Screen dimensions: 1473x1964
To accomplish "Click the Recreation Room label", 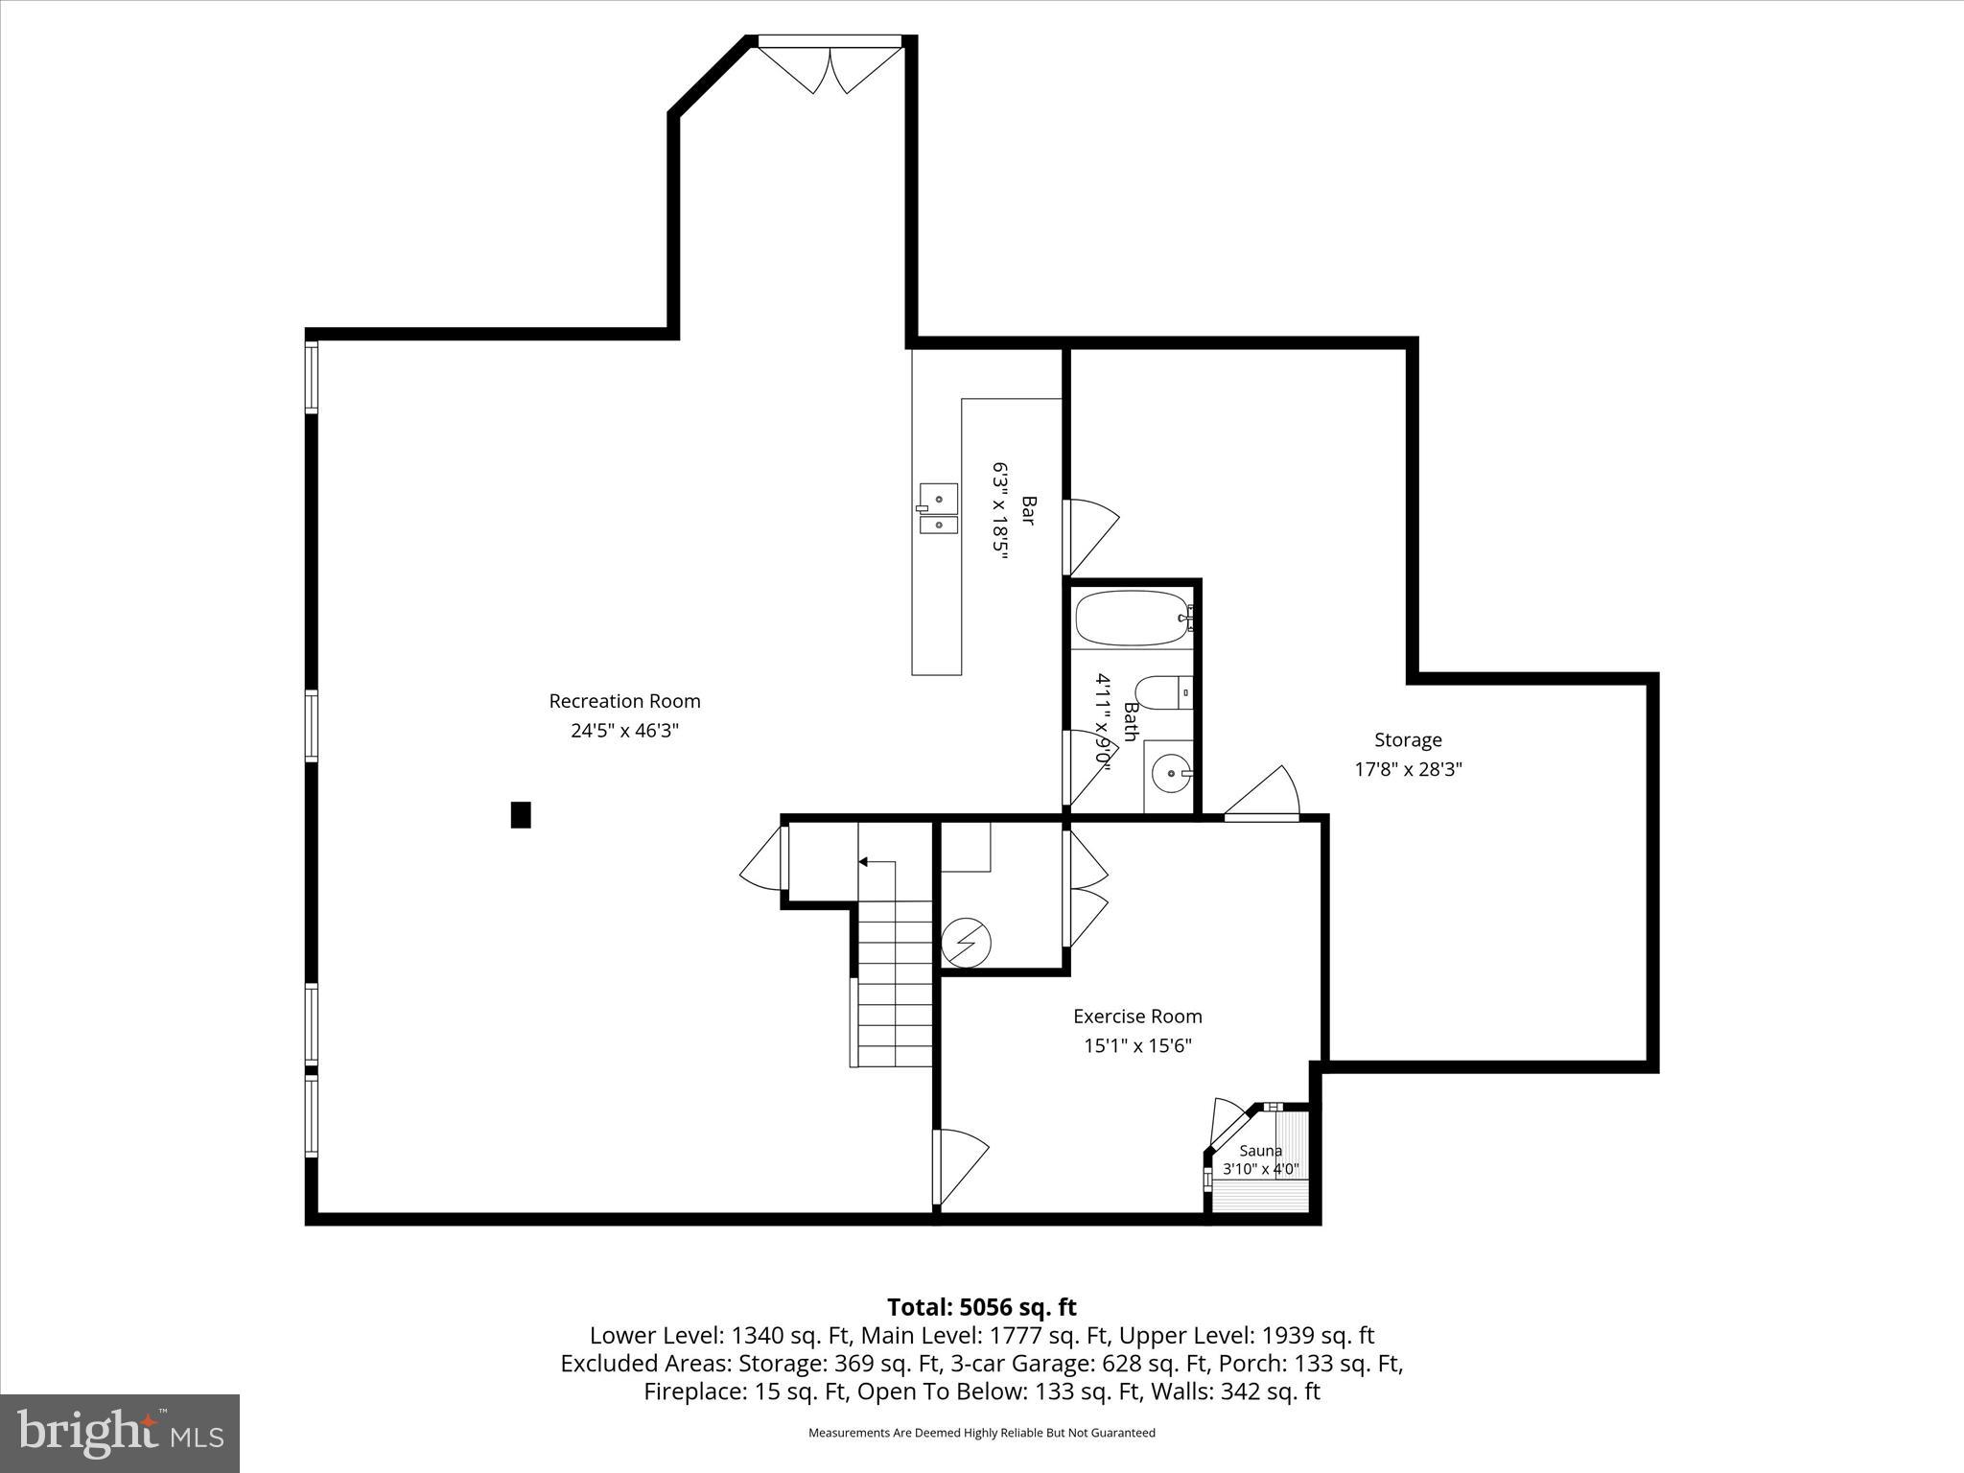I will coord(624,701).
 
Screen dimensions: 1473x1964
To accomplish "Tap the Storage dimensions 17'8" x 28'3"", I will coord(1408,769).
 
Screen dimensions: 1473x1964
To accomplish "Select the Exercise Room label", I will coord(1137,1016).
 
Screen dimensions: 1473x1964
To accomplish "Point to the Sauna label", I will coord(1260,1151).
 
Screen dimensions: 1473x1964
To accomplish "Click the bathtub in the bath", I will coord(1132,619).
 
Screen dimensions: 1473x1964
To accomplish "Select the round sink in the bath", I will coord(1170,772).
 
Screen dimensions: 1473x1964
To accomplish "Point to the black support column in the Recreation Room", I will coord(521,814).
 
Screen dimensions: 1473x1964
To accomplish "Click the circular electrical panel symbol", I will coord(966,944).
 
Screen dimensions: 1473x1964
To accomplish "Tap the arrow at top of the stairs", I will coord(863,862).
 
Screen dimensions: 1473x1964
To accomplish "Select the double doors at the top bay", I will coord(830,67).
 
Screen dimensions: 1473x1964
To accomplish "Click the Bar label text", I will coord(1028,509).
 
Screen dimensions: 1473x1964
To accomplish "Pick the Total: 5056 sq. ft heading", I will coord(981,1307).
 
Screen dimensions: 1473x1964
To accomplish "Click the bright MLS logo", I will coord(120,1433).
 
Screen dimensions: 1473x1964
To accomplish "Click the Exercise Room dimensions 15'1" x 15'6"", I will coord(1137,1045).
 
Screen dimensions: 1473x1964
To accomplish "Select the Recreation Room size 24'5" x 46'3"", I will coord(624,731).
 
